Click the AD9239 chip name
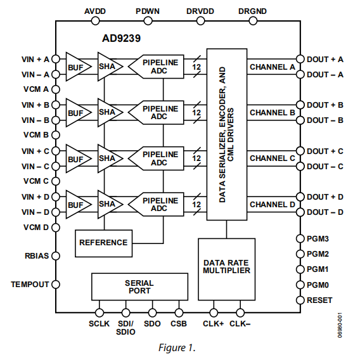pos(122,38)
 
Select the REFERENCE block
pos(103,242)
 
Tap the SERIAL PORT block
pos(139,286)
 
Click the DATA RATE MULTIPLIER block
pos(226,266)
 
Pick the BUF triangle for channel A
pos(77,67)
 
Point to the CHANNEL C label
pos(272,158)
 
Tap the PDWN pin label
pos(148,11)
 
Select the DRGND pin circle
pos(252,21)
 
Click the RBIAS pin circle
pos(55,257)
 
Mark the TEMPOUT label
pos(29,285)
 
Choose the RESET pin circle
pos(301,300)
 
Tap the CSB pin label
pos(179,324)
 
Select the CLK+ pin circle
pos(213,312)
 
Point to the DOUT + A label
pos(325,59)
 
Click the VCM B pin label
pos(36,135)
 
